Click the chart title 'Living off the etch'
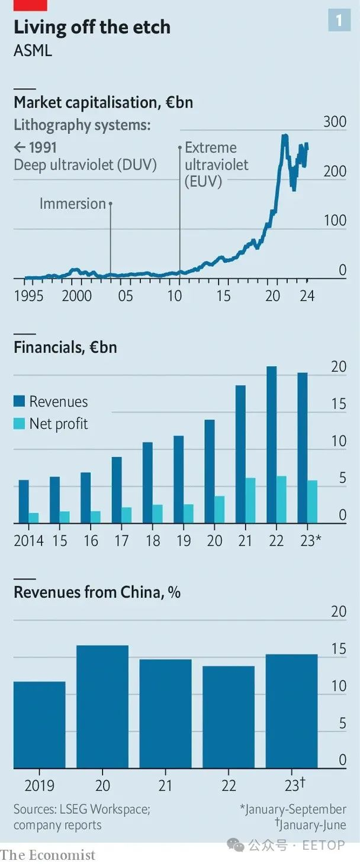point(92,27)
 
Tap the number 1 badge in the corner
point(339,21)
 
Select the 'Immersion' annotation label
point(72,204)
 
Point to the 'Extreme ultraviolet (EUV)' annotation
point(211,165)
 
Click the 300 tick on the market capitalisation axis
point(335,122)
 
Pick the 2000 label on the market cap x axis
point(76,295)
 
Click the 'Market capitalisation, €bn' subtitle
point(103,102)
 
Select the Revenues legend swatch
point(20,402)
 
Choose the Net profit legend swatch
point(20,424)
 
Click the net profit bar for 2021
point(250,501)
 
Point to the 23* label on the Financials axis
point(310,540)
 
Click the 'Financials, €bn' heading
point(65,347)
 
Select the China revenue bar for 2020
point(102,707)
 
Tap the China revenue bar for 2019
point(40,725)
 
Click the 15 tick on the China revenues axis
point(339,649)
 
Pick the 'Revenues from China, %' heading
point(97,592)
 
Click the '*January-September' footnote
point(292,809)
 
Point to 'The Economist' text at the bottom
point(47,855)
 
